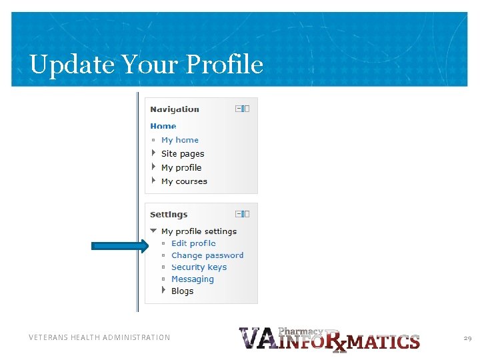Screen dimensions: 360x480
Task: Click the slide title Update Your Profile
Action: [x=146, y=65]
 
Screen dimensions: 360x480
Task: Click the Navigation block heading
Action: [x=175, y=109]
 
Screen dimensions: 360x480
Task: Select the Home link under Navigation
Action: [x=163, y=126]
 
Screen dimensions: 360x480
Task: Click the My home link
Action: [x=180, y=140]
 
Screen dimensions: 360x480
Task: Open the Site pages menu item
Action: [x=183, y=154]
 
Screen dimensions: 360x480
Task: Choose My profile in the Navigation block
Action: [x=181, y=168]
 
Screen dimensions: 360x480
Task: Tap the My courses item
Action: [x=184, y=181]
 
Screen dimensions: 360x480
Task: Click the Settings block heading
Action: [x=169, y=215]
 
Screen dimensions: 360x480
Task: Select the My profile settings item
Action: [x=199, y=231]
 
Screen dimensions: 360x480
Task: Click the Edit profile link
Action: [x=193, y=243]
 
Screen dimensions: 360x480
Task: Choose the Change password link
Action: [x=207, y=255]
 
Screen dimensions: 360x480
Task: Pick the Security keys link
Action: [x=199, y=267]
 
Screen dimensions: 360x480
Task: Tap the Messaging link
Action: [x=193, y=279]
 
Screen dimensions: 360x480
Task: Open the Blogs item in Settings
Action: [x=182, y=291]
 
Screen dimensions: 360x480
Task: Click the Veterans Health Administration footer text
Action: [x=99, y=338]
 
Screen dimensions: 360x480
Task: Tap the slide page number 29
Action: [x=467, y=339]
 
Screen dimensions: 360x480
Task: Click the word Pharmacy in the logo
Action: [x=300, y=331]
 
